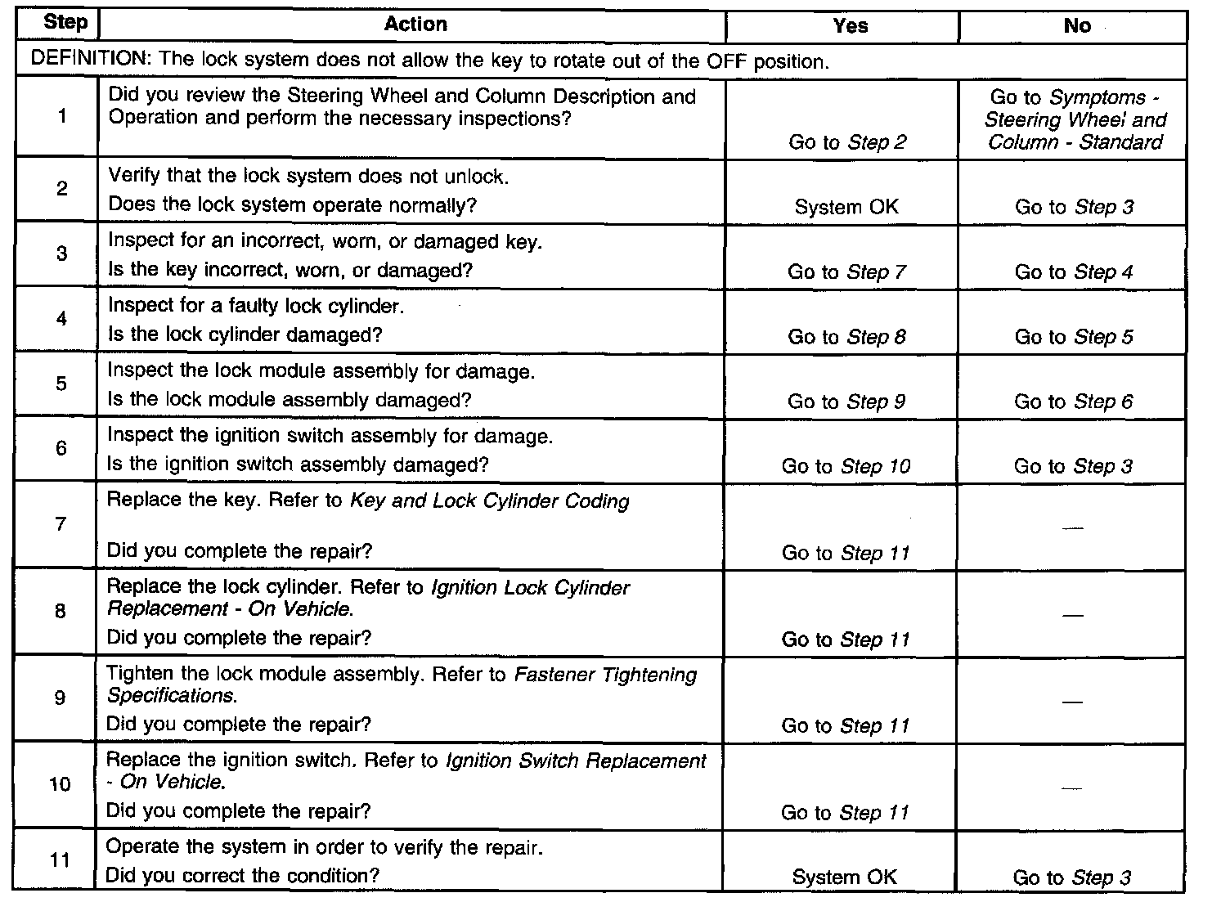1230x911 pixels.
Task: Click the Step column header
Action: [x=65, y=23]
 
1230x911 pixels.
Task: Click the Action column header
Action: [x=415, y=25]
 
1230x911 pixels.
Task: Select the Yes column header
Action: [x=850, y=26]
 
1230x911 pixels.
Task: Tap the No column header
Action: [x=1077, y=26]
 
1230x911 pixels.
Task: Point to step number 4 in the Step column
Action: [x=61, y=319]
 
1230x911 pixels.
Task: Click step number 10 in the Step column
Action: [x=60, y=784]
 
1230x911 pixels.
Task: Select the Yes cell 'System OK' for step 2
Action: [x=846, y=207]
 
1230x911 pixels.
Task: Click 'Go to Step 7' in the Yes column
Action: [x=846, y=272]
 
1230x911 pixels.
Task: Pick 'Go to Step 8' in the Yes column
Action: [x=846, y=337]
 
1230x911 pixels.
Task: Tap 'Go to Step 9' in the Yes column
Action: [x=846, y=402]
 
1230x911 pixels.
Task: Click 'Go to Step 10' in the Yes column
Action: [x=846, y=466]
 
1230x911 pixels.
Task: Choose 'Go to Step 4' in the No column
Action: [x=1074, y=272]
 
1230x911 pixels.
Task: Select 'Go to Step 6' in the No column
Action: [x=1074, y=402]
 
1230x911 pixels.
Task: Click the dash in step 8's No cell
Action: [x=1072, y=615]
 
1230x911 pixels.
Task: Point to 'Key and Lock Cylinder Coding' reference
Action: [x=489, y=500]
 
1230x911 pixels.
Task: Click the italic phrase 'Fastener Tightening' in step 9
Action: [x=605, y=675]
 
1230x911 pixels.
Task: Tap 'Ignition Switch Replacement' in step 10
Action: [x=576, y=761]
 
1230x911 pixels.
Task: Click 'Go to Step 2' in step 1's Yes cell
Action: [x=847, y=142]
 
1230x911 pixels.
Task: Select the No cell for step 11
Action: [x=1071, y=877]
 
